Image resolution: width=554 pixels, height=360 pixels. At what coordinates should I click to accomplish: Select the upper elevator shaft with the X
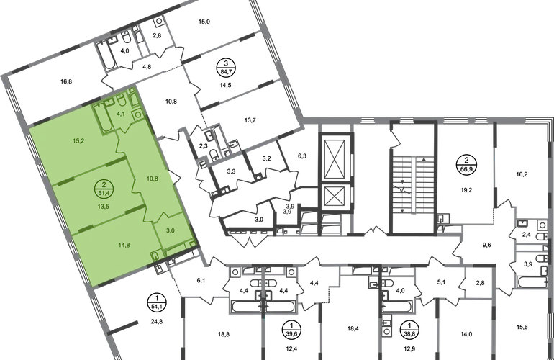pyautogui.click(x=333, y=155)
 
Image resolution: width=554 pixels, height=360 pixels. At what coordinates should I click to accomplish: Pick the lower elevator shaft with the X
pyautogui.click(x=333, y=197)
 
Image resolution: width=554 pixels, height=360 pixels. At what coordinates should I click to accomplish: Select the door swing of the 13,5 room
pyautogui.click(x=135, y=186)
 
